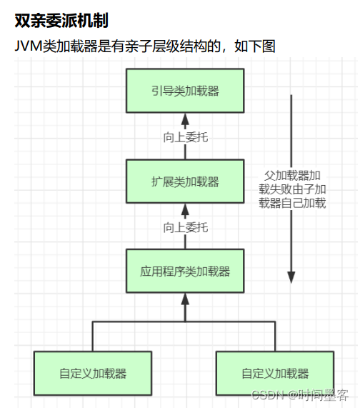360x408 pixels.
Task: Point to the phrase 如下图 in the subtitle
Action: click(256, 46)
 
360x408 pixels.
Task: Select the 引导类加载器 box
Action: click(185, 91)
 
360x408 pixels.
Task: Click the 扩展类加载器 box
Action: click(185, 181)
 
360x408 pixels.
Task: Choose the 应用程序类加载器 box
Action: click(185, 272)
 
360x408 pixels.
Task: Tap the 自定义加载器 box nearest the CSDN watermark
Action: click(275, 372)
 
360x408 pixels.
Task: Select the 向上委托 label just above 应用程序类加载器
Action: click(185, 227)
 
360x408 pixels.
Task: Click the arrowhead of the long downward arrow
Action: click(291, 276)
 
